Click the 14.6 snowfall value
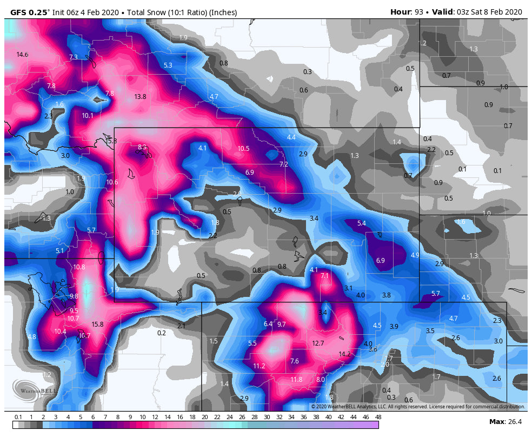[x=22, y=55]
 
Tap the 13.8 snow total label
[x=140, y=97]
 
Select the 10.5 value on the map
[x=243, y=149]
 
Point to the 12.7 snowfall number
[x=318, y=343]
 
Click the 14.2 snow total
[x=344, y=354]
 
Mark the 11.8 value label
[x=296, y=380]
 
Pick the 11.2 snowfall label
[x=259, y=366]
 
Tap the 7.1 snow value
[x=324, y=276]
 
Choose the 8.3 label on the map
[x=142, y=147]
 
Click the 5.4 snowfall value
[x=362, y=223]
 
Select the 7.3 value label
[x=74, y=57]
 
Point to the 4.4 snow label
[x=291, y=137]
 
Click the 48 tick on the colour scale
[x=378, y=417]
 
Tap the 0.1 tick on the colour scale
[x=18, y=417]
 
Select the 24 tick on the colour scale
[x=229, y=417]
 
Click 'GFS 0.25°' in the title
[x=27, y=12]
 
